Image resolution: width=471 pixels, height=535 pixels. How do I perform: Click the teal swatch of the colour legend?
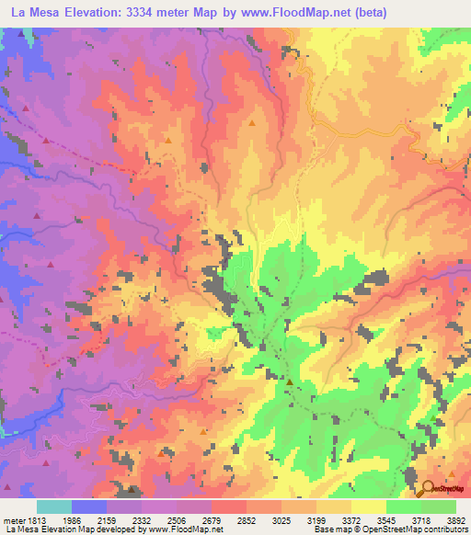click(53, 507)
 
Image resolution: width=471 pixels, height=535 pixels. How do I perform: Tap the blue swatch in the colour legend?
click(89, 507)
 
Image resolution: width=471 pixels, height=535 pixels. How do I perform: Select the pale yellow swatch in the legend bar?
click(368, 507)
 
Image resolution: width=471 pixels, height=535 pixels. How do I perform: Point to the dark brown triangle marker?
click(289, 381)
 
